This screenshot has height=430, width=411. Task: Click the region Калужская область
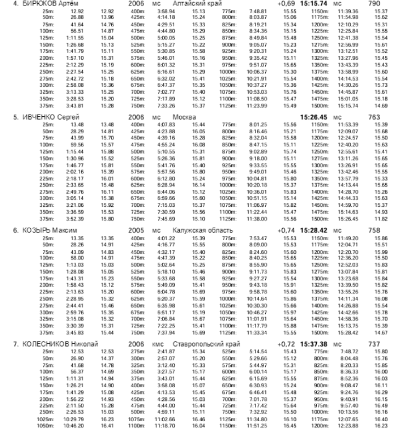pyautogui.click(x=202, y=230)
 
